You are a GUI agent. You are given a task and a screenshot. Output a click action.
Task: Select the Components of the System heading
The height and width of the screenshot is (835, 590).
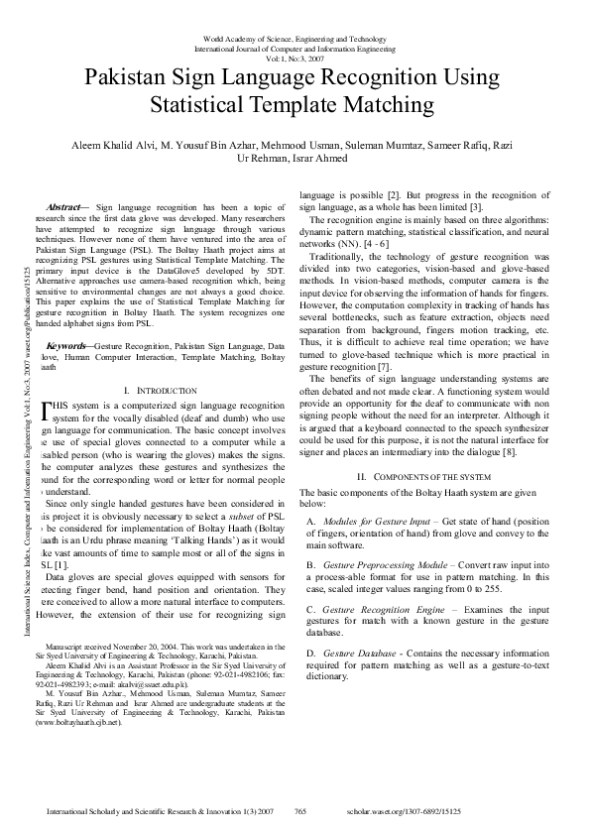431,476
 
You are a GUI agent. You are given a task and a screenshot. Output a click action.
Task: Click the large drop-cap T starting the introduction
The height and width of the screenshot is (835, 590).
50,410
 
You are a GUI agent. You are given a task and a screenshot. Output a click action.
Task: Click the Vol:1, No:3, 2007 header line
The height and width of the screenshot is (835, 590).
295,57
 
